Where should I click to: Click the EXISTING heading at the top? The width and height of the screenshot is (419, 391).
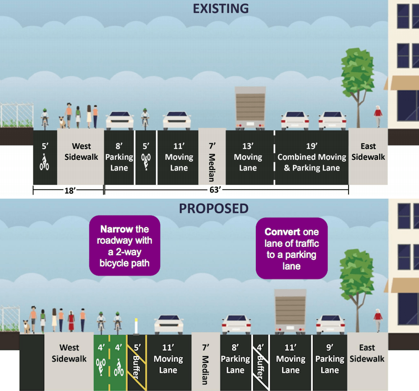coord(221,8)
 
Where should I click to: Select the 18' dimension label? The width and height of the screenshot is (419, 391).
coord(68,190)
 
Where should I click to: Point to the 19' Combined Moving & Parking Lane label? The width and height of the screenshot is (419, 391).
coord(312,157)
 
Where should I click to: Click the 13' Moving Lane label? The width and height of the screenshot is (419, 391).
coord(248,157)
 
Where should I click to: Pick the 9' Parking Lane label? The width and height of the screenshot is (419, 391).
coord(330,359)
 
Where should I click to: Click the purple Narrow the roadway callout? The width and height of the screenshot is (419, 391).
coord(124,245)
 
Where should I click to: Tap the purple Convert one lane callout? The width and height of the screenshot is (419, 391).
coord(292,249)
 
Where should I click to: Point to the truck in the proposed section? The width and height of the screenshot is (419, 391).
coord(290,311)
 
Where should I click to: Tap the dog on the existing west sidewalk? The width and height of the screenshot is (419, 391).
coord(62,121)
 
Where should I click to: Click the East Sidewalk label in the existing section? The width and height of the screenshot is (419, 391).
coord(368,152)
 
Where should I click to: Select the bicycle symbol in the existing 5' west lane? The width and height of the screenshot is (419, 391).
coord(45,162)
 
